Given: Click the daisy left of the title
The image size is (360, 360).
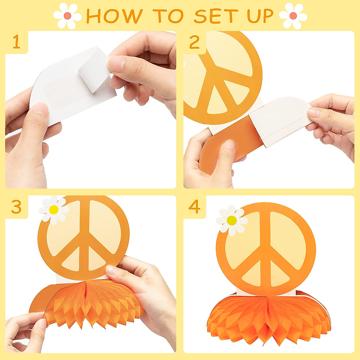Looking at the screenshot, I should pos(67,16).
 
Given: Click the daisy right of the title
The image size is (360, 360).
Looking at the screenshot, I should pos(293,16).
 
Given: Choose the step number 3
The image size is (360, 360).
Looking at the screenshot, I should pos(16,207).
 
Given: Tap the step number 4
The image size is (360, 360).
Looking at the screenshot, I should pos(194,207).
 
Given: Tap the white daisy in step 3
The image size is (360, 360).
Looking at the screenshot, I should pos(54,210).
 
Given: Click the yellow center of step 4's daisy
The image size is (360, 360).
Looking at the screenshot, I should pos(232,220).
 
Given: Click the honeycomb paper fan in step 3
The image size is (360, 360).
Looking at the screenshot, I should pos(90,303).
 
